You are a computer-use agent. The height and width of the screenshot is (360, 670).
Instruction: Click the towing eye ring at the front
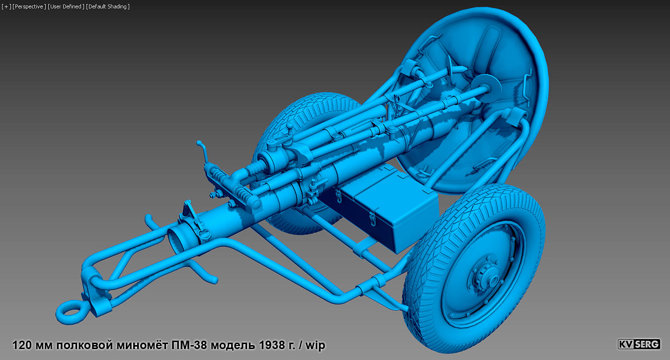point(69,312)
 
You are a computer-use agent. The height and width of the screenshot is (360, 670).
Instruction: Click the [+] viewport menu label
point(6,6)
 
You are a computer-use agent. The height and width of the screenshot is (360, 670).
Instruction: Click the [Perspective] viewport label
point(29,6)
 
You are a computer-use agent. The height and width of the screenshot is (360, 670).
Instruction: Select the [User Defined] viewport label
point(66,6)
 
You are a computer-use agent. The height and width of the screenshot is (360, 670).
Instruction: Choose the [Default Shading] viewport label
point(108,6)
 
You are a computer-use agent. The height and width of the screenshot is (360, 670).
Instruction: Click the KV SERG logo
point(639,344)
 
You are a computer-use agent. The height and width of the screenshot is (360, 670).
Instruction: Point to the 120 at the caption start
point(21,345)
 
